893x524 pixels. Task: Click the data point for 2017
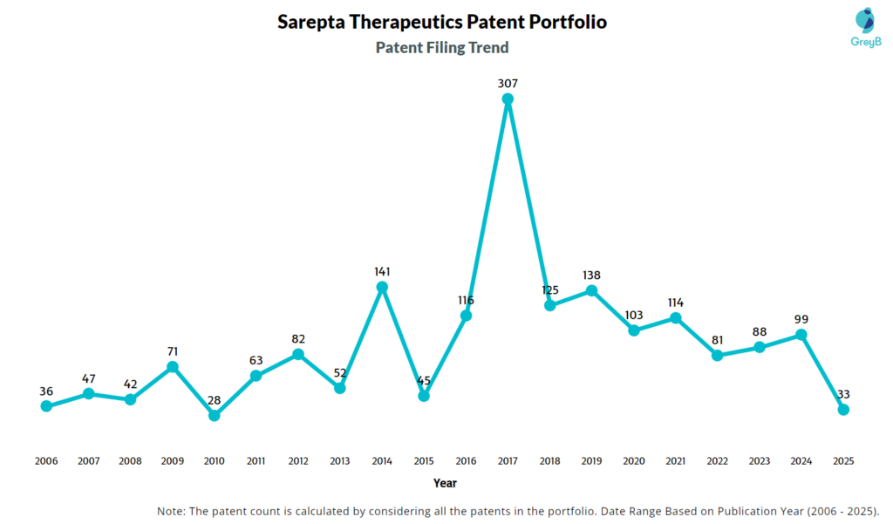[508, 99]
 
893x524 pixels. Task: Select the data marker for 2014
[382, 287]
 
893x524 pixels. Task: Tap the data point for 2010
[215, 416]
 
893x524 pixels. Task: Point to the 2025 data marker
[843, 410]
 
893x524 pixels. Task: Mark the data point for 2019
[591, 290]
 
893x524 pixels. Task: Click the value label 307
[508, 84]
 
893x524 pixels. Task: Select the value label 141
[382, 271]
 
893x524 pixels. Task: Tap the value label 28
[215, 400]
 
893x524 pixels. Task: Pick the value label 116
[466, 300]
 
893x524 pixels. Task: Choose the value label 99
[801, 319]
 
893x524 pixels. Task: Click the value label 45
[424, 380]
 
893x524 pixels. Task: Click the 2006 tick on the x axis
[46, 461]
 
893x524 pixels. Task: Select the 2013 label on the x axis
[340, 461]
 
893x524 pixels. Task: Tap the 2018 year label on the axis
[549, 461]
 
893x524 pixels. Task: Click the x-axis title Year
[445, 483]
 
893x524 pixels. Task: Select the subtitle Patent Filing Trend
[442, 48]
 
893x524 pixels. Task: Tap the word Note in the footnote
[172, 511]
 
